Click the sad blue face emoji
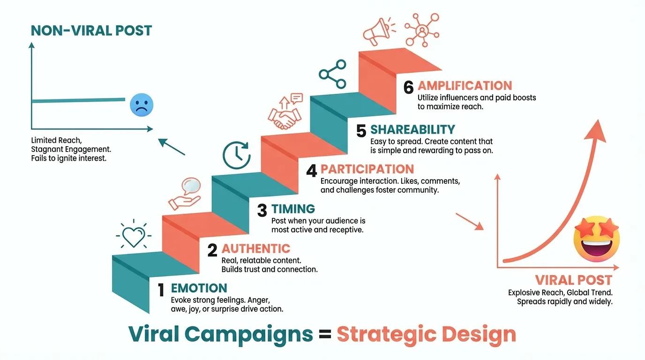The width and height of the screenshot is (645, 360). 142,105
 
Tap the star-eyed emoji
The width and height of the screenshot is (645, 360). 597,239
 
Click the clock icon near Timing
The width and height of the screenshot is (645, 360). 236,155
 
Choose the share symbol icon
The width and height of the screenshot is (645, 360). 332,74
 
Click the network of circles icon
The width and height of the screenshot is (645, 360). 422,29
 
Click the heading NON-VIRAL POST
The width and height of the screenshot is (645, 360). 91,31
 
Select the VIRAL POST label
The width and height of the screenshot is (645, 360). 574,280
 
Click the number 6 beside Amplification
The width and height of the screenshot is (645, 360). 409,88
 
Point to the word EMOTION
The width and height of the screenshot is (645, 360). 199,288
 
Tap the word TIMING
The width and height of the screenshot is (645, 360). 293,209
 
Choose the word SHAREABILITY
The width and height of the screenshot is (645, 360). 412,130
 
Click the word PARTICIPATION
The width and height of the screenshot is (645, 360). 367,169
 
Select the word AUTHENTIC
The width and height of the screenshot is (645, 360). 256,248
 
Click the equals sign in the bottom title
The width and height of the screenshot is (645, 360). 325,335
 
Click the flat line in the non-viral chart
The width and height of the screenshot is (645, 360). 78,100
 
